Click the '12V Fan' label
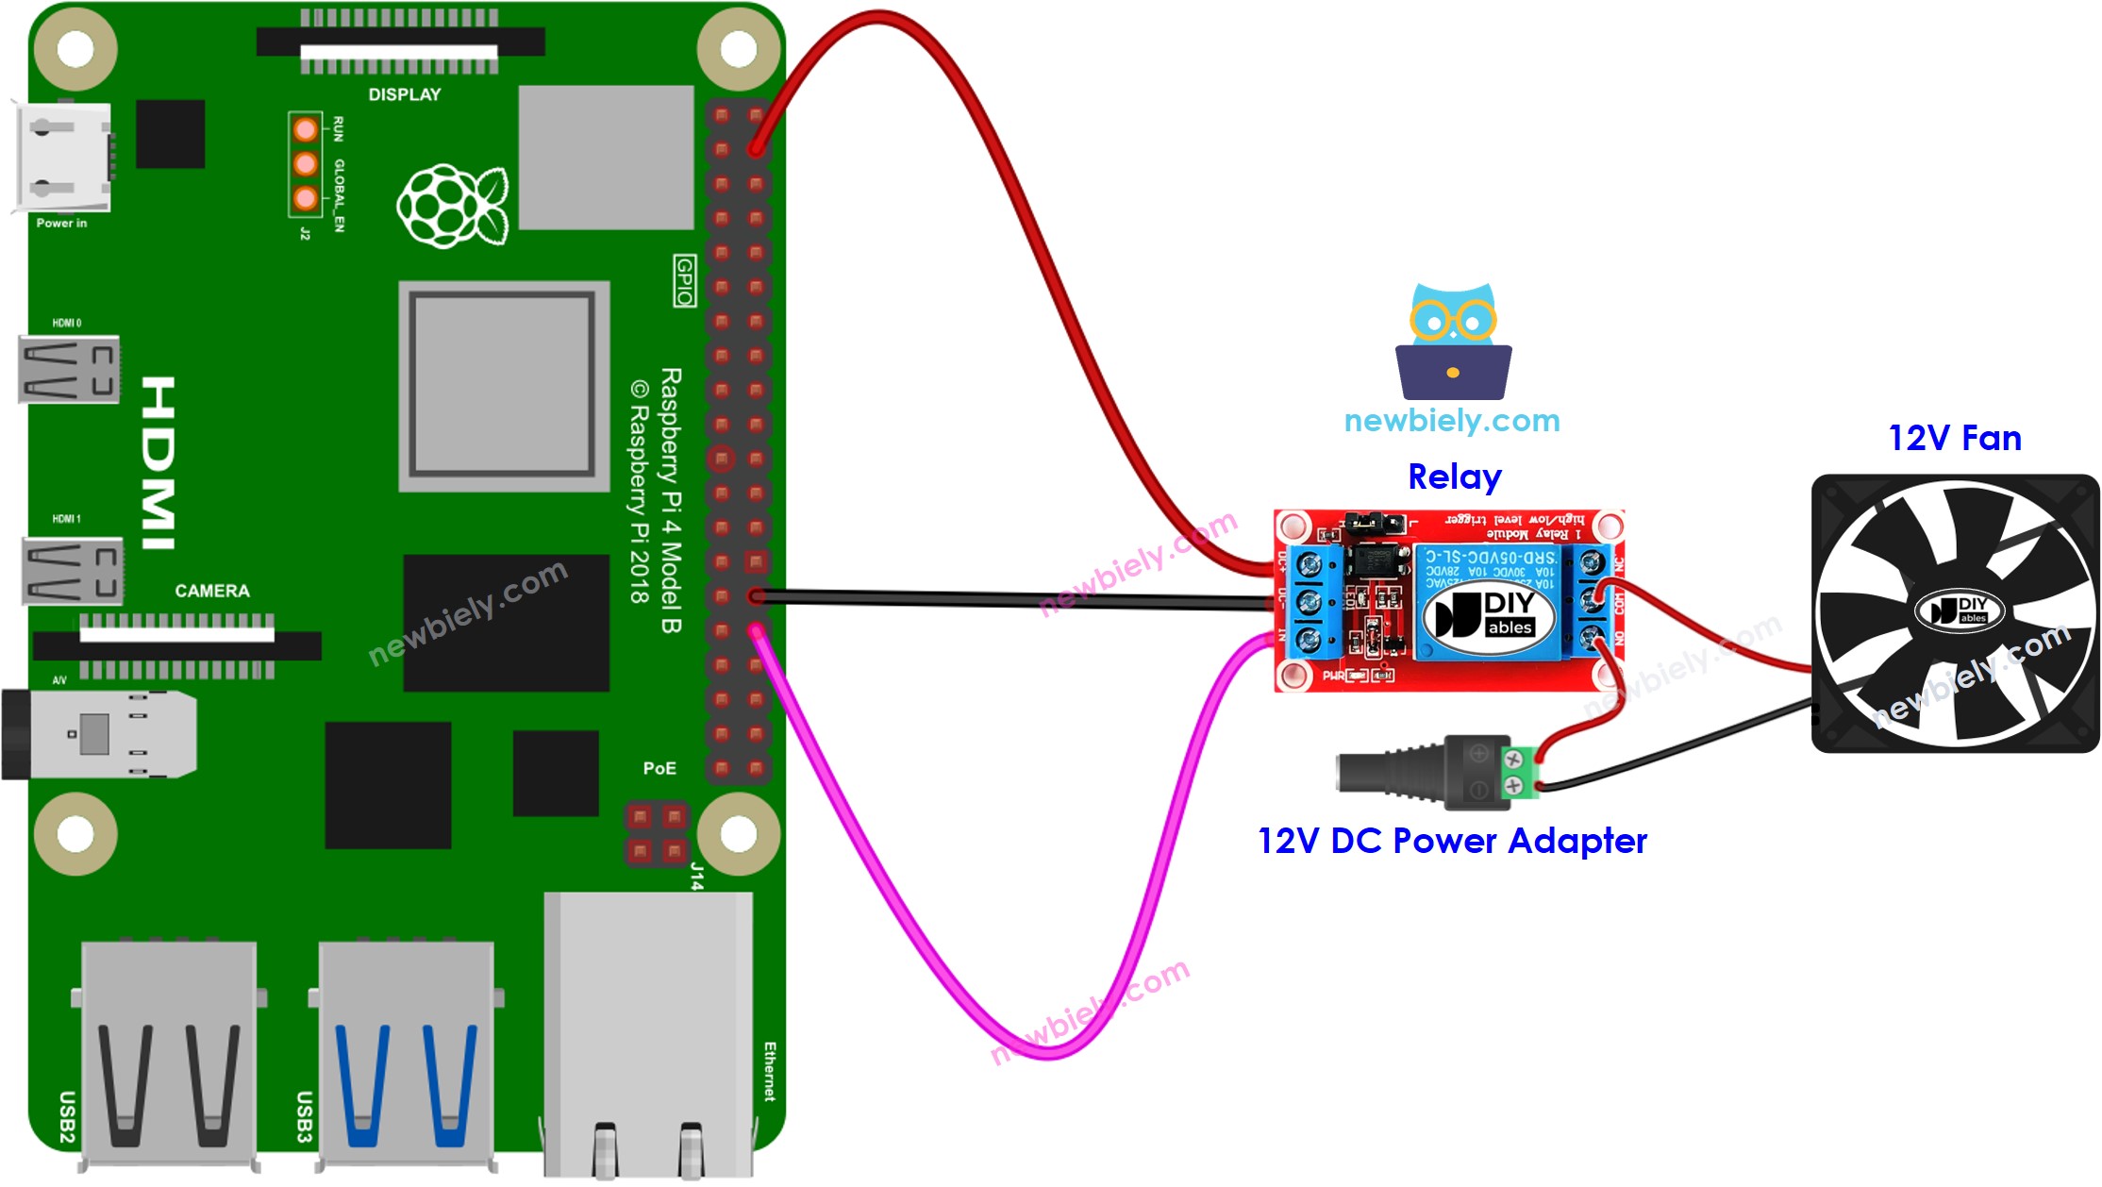[x=1954, y=439]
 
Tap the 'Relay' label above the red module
[x=1454, y=477]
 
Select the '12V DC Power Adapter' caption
[x=1452, y=841]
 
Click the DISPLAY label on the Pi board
[x=404, y=94]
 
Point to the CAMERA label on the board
[x=211, y=591]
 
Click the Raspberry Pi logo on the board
[x=452, y=206]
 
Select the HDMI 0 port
[x=69, y=369]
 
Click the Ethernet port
[x=648, y=1033]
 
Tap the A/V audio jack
[x=99, y=734]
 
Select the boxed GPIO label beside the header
[x=685, y=280]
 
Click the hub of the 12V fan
[x=1959, y=611]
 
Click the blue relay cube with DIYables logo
[x=1486, y=601]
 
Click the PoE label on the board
[x=659, y=768]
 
